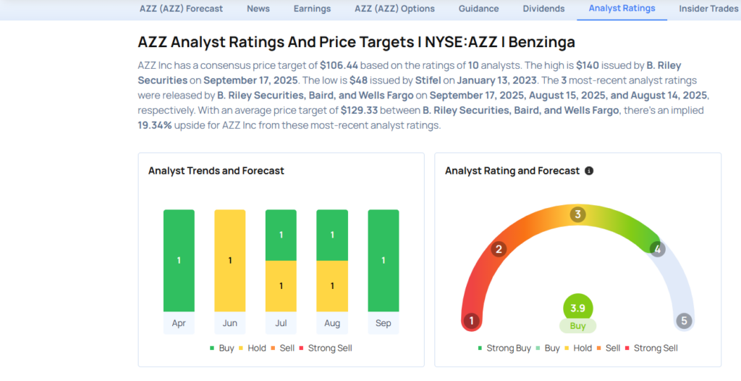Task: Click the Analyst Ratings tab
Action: (622, 9)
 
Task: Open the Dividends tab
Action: (543, 9)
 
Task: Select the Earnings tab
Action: (312, 9)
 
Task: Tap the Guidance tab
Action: (478, 9)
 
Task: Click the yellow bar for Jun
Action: (229, 260)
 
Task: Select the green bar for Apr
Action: (179, 260)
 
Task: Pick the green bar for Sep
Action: (383, 260)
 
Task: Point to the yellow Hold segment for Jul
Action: (281, 285)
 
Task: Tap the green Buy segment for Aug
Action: (331, 235)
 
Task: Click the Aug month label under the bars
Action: (331, 323)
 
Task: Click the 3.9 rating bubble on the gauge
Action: (577, 308)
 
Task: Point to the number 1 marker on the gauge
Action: (472, 320)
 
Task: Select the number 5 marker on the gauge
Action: (683, 320)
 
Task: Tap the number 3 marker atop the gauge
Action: (577, 214)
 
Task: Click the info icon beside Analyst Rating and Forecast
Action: (589, 171)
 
